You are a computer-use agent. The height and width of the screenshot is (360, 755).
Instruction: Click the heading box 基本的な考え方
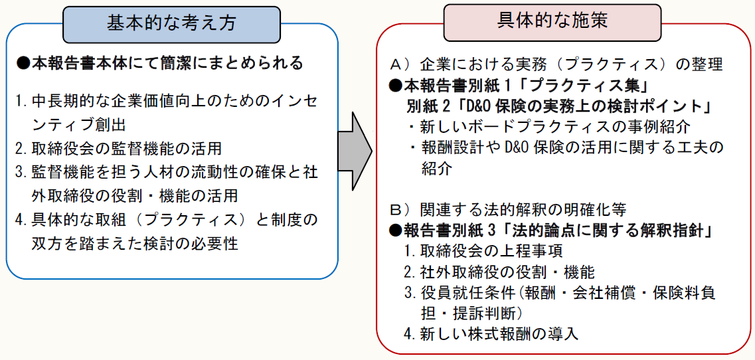171,25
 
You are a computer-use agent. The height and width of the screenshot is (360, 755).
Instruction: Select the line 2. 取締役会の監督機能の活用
119,147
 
